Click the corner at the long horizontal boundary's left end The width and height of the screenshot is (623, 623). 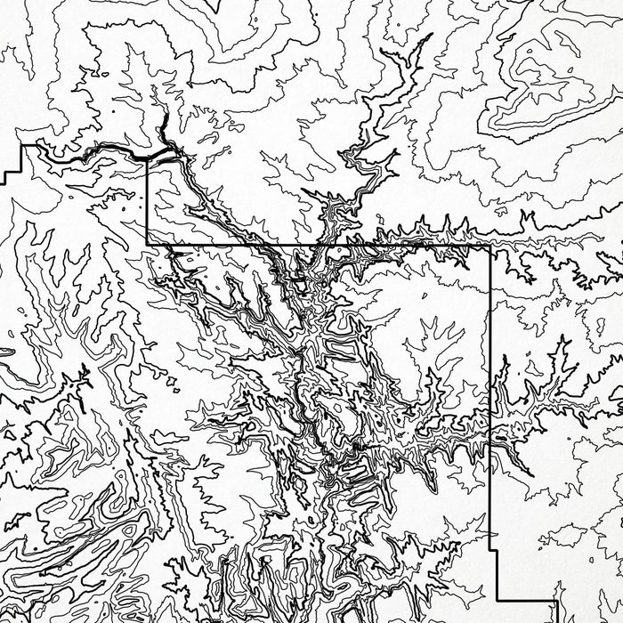[x=147, y=244]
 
